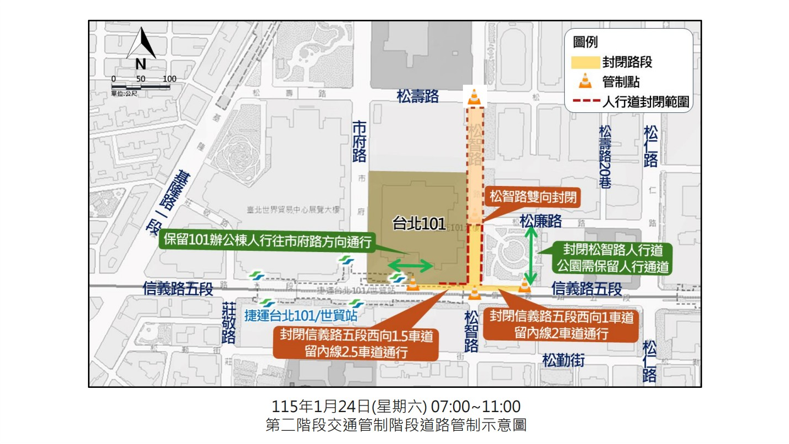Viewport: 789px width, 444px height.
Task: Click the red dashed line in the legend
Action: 586,102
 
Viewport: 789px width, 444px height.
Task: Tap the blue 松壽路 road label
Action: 418,97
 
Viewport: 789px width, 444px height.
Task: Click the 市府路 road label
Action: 359,141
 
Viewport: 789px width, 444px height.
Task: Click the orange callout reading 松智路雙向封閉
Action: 533,197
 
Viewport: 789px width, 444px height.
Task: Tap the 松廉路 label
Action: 541,221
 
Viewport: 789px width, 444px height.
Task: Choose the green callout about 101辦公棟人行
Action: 268,242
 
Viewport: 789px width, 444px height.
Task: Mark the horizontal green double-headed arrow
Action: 412,266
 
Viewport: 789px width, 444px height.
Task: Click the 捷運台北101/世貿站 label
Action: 301,316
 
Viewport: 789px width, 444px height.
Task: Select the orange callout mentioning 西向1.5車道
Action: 356,343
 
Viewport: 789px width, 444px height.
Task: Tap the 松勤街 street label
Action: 563,361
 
